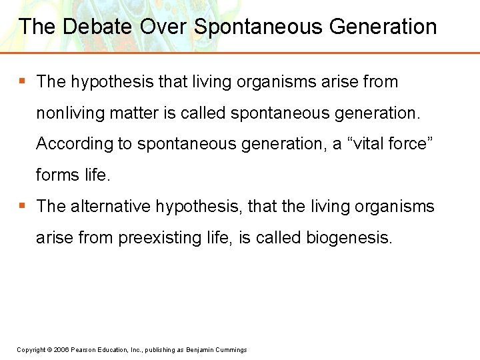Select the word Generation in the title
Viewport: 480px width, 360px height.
[383, 27]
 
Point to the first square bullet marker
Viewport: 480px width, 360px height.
[22, 81]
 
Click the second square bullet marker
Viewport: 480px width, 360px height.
[22, 205]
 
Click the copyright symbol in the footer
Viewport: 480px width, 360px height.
[49, 350]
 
